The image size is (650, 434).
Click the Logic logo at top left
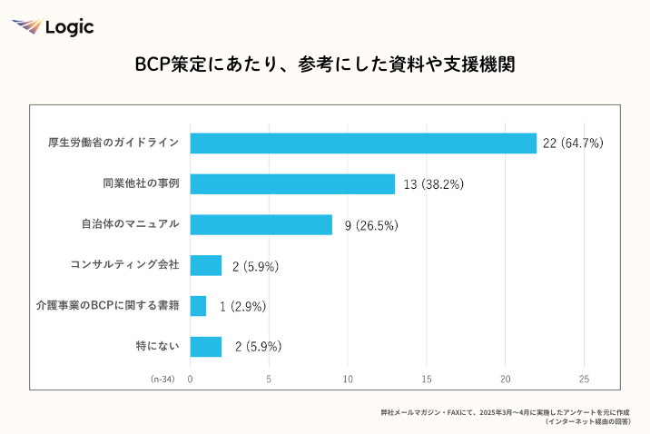(53, 26)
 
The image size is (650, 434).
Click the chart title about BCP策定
(325, 64)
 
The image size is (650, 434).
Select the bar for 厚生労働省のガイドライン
(363, 143)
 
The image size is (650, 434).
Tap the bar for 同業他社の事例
(292, 184)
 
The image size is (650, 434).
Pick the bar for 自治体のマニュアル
(261, 225)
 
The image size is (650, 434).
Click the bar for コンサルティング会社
(206, 265)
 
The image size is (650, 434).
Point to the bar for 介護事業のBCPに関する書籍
(198, 306)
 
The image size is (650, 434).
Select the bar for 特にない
(206, 347)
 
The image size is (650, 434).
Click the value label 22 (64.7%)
(573, 143)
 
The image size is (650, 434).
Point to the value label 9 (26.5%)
(371, 225)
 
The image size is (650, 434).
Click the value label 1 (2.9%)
(242, 307)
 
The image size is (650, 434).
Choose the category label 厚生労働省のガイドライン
(113, 143)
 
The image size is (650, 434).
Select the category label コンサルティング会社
(124, 265)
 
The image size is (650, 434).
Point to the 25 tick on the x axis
(585, 380)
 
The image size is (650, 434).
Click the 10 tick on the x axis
(348, 380)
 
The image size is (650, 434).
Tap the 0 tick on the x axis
(190, 380)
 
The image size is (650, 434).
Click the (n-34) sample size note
(162, 380)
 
